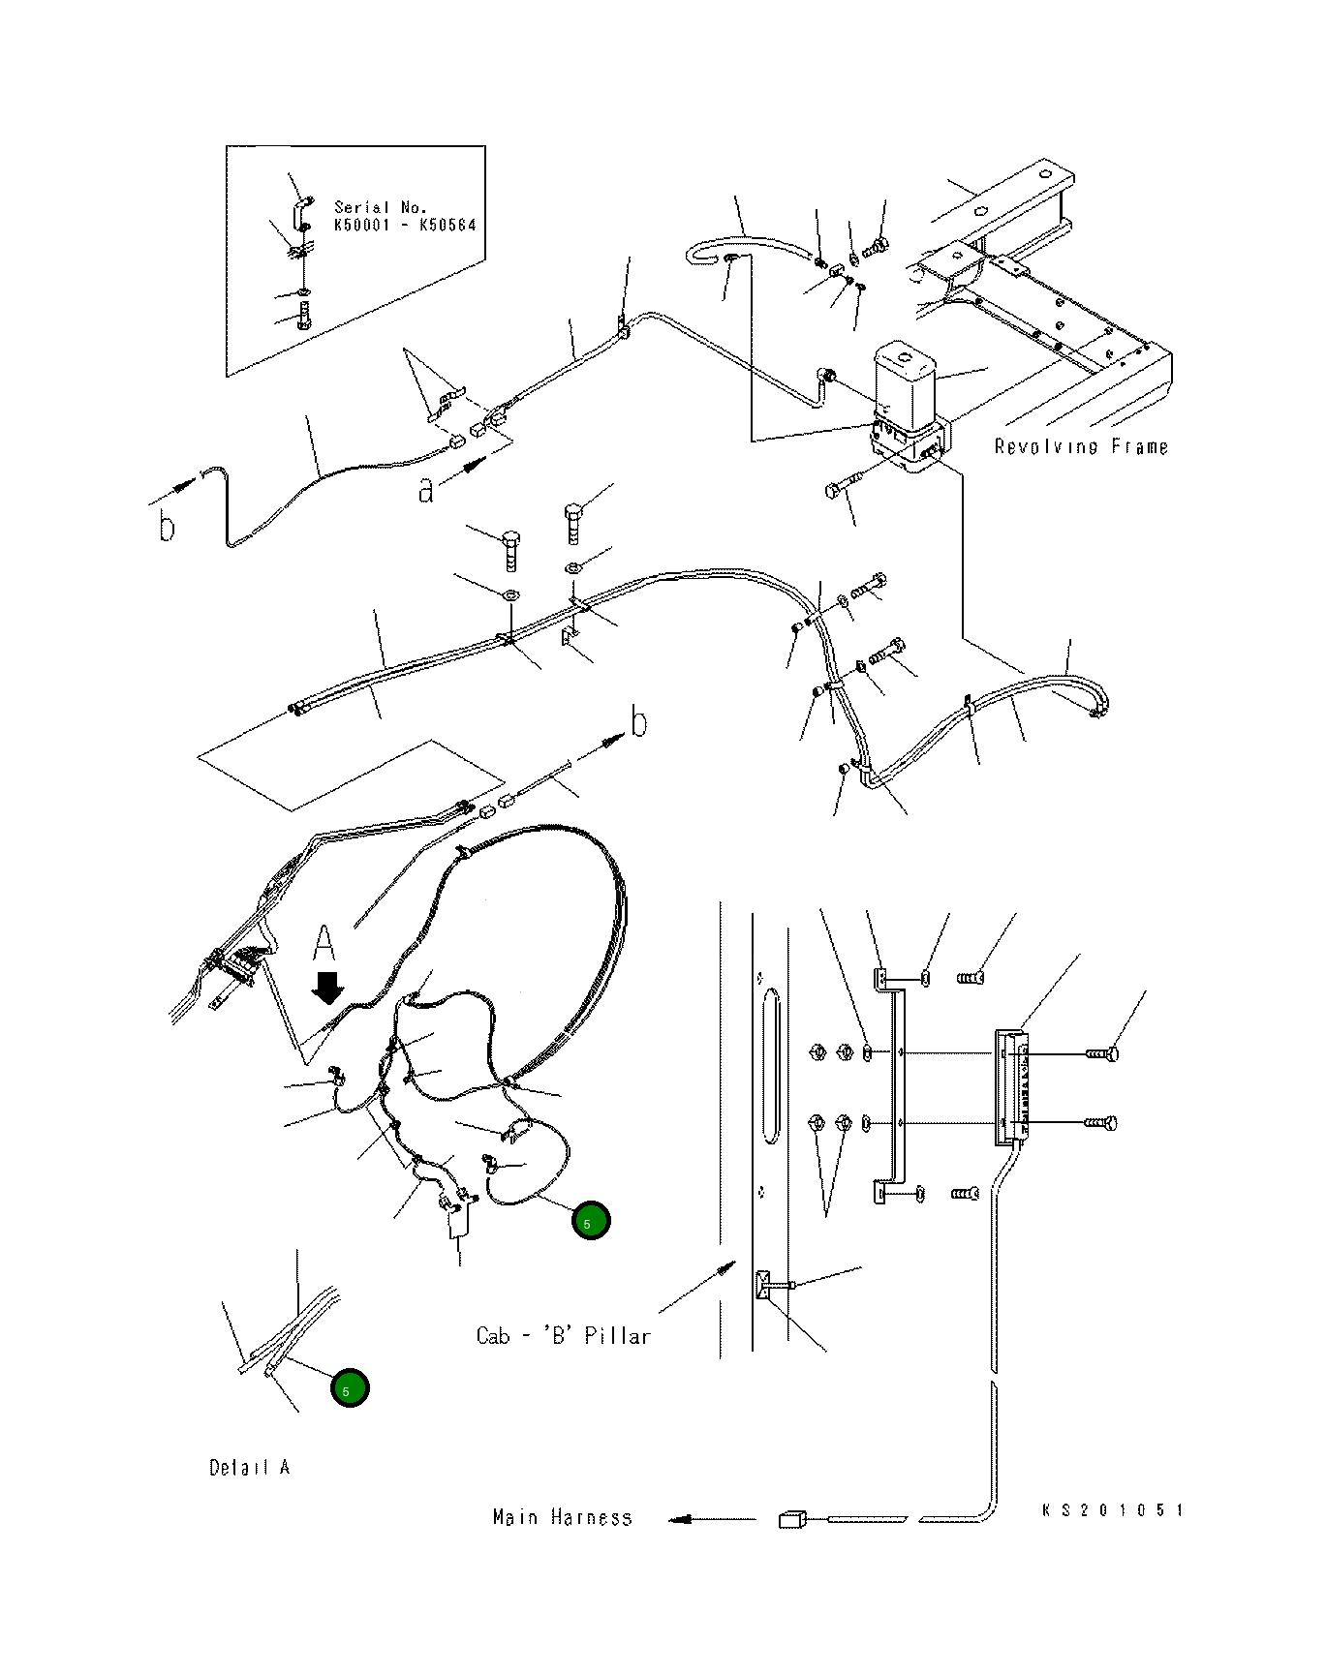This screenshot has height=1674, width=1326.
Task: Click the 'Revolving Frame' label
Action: coord(1081,446)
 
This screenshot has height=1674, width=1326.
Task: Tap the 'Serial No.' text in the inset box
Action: coord(381,207)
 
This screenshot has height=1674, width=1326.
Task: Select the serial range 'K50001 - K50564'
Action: coord(405,225)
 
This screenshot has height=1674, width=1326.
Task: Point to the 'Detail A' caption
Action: coord(250,1467)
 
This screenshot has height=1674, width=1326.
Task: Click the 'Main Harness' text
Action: coord(562,1517)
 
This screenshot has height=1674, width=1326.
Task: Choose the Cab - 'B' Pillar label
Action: coord(563,1335)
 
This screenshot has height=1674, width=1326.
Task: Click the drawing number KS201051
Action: coord(1113,1509)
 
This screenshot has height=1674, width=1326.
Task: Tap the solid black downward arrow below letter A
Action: coord(328,989)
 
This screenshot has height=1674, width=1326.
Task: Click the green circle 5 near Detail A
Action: coord(350,1388)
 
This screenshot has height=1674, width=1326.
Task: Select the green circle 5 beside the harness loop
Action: coord(591,1221)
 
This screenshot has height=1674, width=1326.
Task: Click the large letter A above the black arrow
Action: coord(324,945)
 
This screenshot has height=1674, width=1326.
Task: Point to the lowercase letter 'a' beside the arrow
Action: coord(426,490)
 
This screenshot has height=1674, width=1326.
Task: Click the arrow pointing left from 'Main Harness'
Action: coord(712,1519)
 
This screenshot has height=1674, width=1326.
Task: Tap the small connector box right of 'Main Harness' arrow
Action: coord(792,1519)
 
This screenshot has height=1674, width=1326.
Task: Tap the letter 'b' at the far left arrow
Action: coord(168,526)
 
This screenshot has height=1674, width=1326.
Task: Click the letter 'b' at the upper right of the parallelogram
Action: coord(638,722)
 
